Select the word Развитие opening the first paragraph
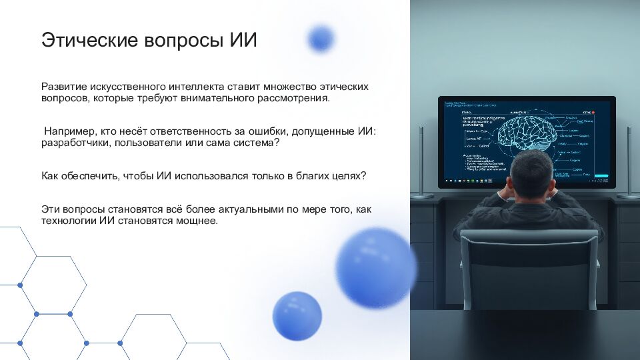click(x=62, y=87)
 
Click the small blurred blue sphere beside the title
click(x=321, y=38)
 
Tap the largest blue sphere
click(x=375, y=267)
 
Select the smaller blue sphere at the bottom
click(x=297, y=316)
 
